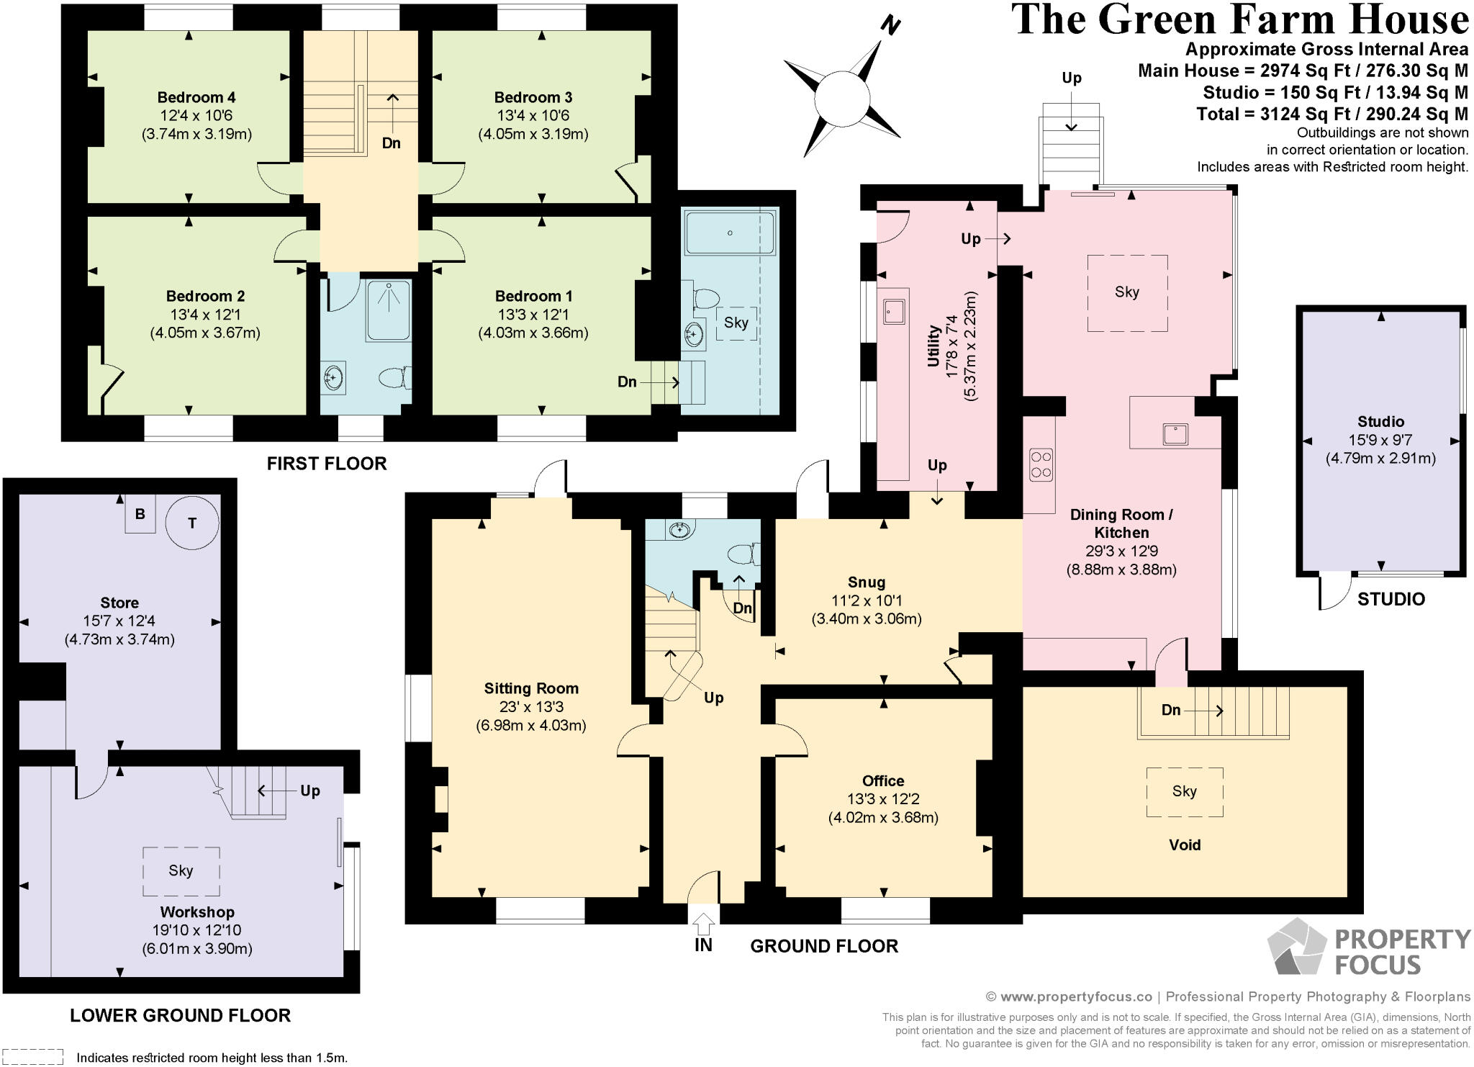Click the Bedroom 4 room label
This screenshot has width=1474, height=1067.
pyautogui.click(x=196, y=97)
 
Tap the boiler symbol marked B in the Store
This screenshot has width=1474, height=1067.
pyautogui.click(x=140, y=514)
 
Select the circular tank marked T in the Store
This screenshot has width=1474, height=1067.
pyautogui.click(x=191, y=523)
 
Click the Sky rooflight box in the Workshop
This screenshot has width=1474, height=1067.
pyautogui.click(x=181, y=870)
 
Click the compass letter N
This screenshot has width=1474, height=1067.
pyautogui.click(x=891, y=27)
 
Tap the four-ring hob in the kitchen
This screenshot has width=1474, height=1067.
pyautogui.click(x=1041, y=464)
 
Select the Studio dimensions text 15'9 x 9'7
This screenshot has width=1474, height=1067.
pyautogui.click(x=1380, y=440)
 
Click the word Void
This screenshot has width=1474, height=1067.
pyautogui.click(x=1184, y=845)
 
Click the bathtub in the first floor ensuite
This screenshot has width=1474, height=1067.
pyautogui.click(x=730, y=233)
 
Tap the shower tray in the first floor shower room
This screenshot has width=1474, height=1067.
pyautogui.click(x=389, y=310)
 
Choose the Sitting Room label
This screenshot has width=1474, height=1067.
pyautogui.click(x=531, y=688)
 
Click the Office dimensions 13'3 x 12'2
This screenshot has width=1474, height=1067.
pyautogui.click(x=883, y=799)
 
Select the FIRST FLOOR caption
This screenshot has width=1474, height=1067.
pyautogui.click(x=327, y=464)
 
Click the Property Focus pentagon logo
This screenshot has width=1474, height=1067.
pyautogui.click(x=1296, y=948)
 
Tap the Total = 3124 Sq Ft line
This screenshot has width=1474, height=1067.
pyautogui.click(x=1331, y=114)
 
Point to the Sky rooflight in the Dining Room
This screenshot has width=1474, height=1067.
pyautogui.click(x=1126, y=292)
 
